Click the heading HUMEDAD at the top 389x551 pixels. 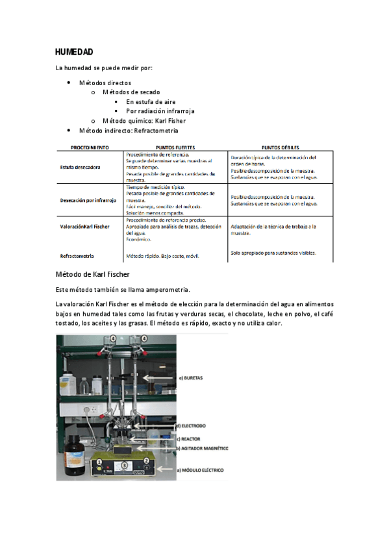(x=75, y=52)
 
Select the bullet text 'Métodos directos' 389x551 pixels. (x=105, y=83)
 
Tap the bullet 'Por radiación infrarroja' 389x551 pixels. (x=160, y=111)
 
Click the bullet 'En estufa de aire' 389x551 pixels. (x=151, y=102)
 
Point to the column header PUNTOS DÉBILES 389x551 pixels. (x=280, y=147)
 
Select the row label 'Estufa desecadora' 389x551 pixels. (x=80, y=167)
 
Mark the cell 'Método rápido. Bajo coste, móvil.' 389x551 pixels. (x=162, y=256)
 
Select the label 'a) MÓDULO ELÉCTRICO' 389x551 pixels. (x=203, y=468)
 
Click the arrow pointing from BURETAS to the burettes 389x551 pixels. (x=159, y=377)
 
